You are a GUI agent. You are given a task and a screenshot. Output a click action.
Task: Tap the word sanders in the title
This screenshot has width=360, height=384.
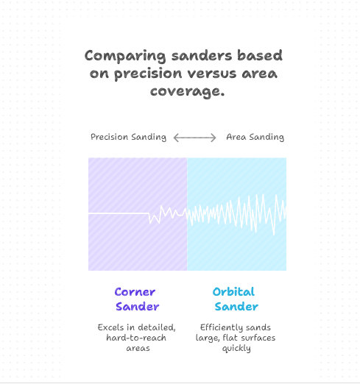coord(191,57)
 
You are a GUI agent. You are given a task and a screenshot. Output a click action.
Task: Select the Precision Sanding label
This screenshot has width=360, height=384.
coord(128,137)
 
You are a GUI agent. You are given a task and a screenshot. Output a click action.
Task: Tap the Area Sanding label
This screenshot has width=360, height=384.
coord(255,137)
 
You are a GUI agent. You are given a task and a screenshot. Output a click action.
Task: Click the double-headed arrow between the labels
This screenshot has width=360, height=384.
coord(195,138)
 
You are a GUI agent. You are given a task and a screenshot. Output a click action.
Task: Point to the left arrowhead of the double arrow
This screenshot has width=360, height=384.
coord(175,138)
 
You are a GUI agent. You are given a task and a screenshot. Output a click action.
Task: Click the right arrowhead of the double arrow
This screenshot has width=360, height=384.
coord(215,138)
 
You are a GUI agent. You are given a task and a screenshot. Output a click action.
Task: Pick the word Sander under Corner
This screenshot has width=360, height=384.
coord(137,306)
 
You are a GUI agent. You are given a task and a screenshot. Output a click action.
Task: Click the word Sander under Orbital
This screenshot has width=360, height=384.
coord(236,306)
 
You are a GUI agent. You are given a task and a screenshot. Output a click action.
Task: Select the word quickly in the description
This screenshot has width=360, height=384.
coord(236,348)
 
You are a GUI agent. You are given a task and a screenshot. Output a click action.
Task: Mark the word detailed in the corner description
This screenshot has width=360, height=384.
coord(157,327)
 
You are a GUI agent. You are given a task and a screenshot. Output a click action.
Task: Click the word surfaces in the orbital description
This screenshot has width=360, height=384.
coord(247,337)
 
